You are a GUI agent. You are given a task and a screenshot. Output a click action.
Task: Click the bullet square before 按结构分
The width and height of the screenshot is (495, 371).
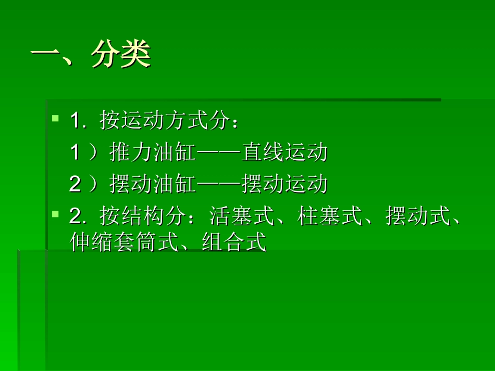(55, 213)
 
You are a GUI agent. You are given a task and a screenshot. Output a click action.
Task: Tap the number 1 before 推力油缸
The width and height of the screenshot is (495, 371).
(76, 153)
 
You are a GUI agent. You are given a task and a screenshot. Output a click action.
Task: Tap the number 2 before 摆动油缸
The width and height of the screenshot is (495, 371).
(76, 184)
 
